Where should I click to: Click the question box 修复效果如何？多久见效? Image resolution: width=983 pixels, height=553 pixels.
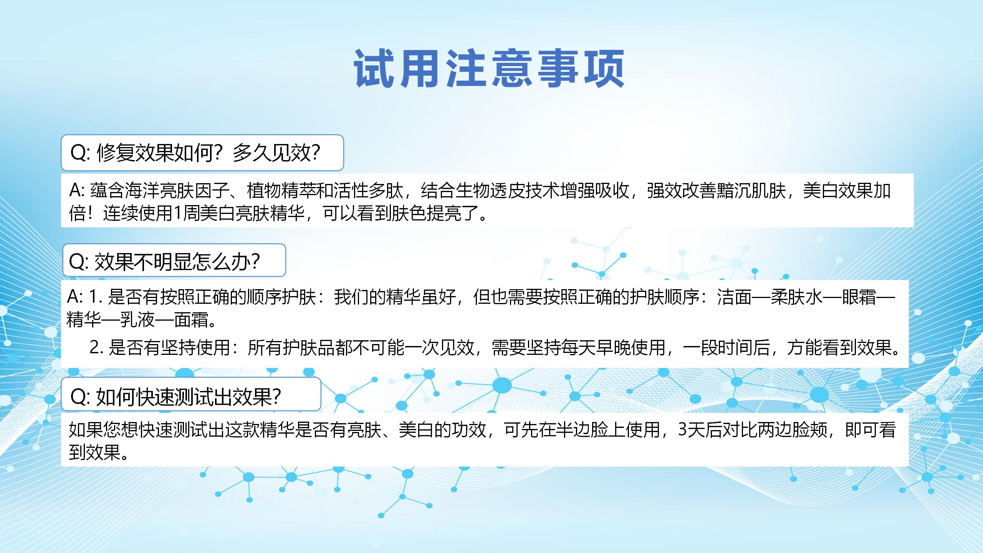pos(202,152)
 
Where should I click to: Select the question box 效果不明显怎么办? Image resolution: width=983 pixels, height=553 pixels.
pos(174,260)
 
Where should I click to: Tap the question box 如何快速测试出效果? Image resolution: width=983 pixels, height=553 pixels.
pos(191,394)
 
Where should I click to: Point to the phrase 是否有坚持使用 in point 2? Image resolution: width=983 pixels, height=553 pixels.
pos(169,348)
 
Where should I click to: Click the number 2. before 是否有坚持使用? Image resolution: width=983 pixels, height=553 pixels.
pos(96,348)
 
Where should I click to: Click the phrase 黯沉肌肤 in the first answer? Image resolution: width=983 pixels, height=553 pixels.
pos(751,191)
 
